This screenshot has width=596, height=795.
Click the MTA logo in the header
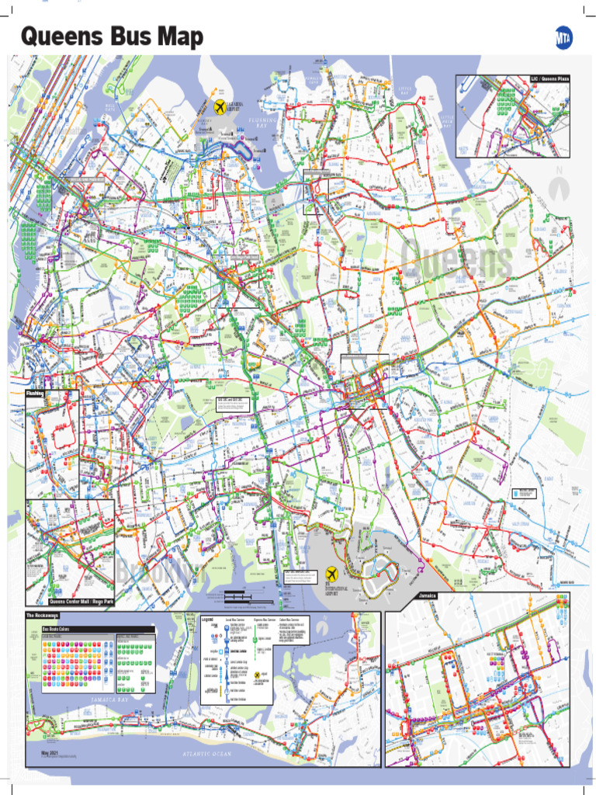564,37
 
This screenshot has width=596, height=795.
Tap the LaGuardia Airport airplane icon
220,107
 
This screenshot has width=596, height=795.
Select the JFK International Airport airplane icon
332,574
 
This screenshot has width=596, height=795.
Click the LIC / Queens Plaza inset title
550,79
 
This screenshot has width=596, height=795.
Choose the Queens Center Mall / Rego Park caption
81,602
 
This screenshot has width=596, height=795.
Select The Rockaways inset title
43,616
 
